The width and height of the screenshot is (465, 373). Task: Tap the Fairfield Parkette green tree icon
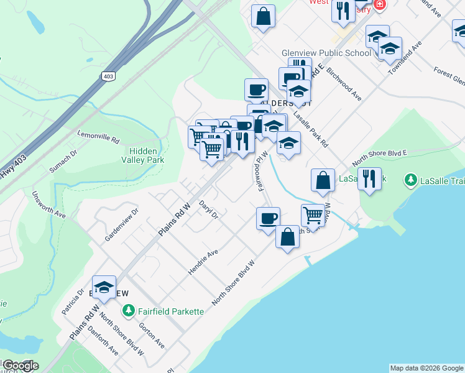[129, 310]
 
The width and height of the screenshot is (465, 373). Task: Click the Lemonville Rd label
[98, 137]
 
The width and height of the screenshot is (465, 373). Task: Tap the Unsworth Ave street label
[52, 205]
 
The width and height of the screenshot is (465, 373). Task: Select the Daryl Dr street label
[209, 209]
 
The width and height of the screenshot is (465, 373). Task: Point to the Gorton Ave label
[152, 335]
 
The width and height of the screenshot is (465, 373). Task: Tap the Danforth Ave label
[106, 343]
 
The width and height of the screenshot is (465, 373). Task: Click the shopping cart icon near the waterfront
[313, 215]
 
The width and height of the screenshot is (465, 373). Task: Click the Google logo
[20, 366]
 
